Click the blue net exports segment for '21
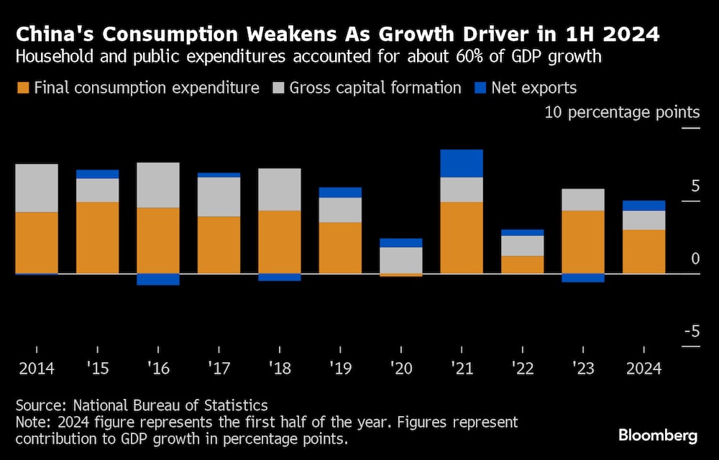461,163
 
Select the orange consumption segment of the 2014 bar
37,242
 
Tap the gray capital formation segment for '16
158,185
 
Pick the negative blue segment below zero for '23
583,278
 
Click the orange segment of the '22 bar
522,264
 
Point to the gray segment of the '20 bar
400,259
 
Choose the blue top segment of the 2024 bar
644,206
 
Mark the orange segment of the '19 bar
340,247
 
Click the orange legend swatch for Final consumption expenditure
23,88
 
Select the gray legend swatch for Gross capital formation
278,88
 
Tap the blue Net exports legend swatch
481,88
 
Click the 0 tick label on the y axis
695,258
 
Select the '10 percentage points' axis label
622,112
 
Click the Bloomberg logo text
658,435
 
